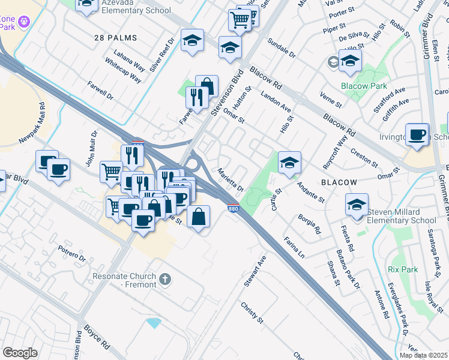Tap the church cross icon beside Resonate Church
pos(165,280)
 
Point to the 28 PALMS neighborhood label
pos(116,38)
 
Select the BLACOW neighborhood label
pos(339,182)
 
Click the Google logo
pos(20,352)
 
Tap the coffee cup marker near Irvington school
pos(417,134)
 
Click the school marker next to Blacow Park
pos(350,60)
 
